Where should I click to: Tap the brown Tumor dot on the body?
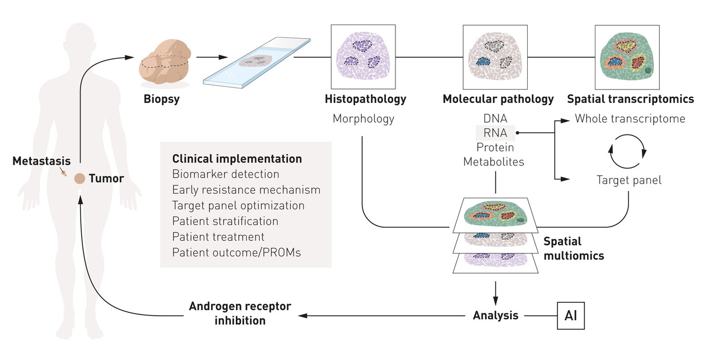(x=80, y=179)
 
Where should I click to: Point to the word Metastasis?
(x=36, y=161)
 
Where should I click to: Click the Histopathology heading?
(x=365, y=100)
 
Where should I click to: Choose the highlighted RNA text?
(x=495, y=133)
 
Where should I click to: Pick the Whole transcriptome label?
(x=629, y=119)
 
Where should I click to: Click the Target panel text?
(x=628, y=180)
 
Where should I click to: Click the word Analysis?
(x=496, y=316)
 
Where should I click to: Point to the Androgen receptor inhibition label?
(x=240, y=314)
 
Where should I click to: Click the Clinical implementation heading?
(x=237, y=159)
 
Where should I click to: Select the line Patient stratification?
(x=225, y=221)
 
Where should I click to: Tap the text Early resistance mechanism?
(x=246, y=190)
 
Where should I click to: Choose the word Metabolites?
(x=493, y=162)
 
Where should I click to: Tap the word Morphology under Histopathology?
(x=364, y=119)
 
